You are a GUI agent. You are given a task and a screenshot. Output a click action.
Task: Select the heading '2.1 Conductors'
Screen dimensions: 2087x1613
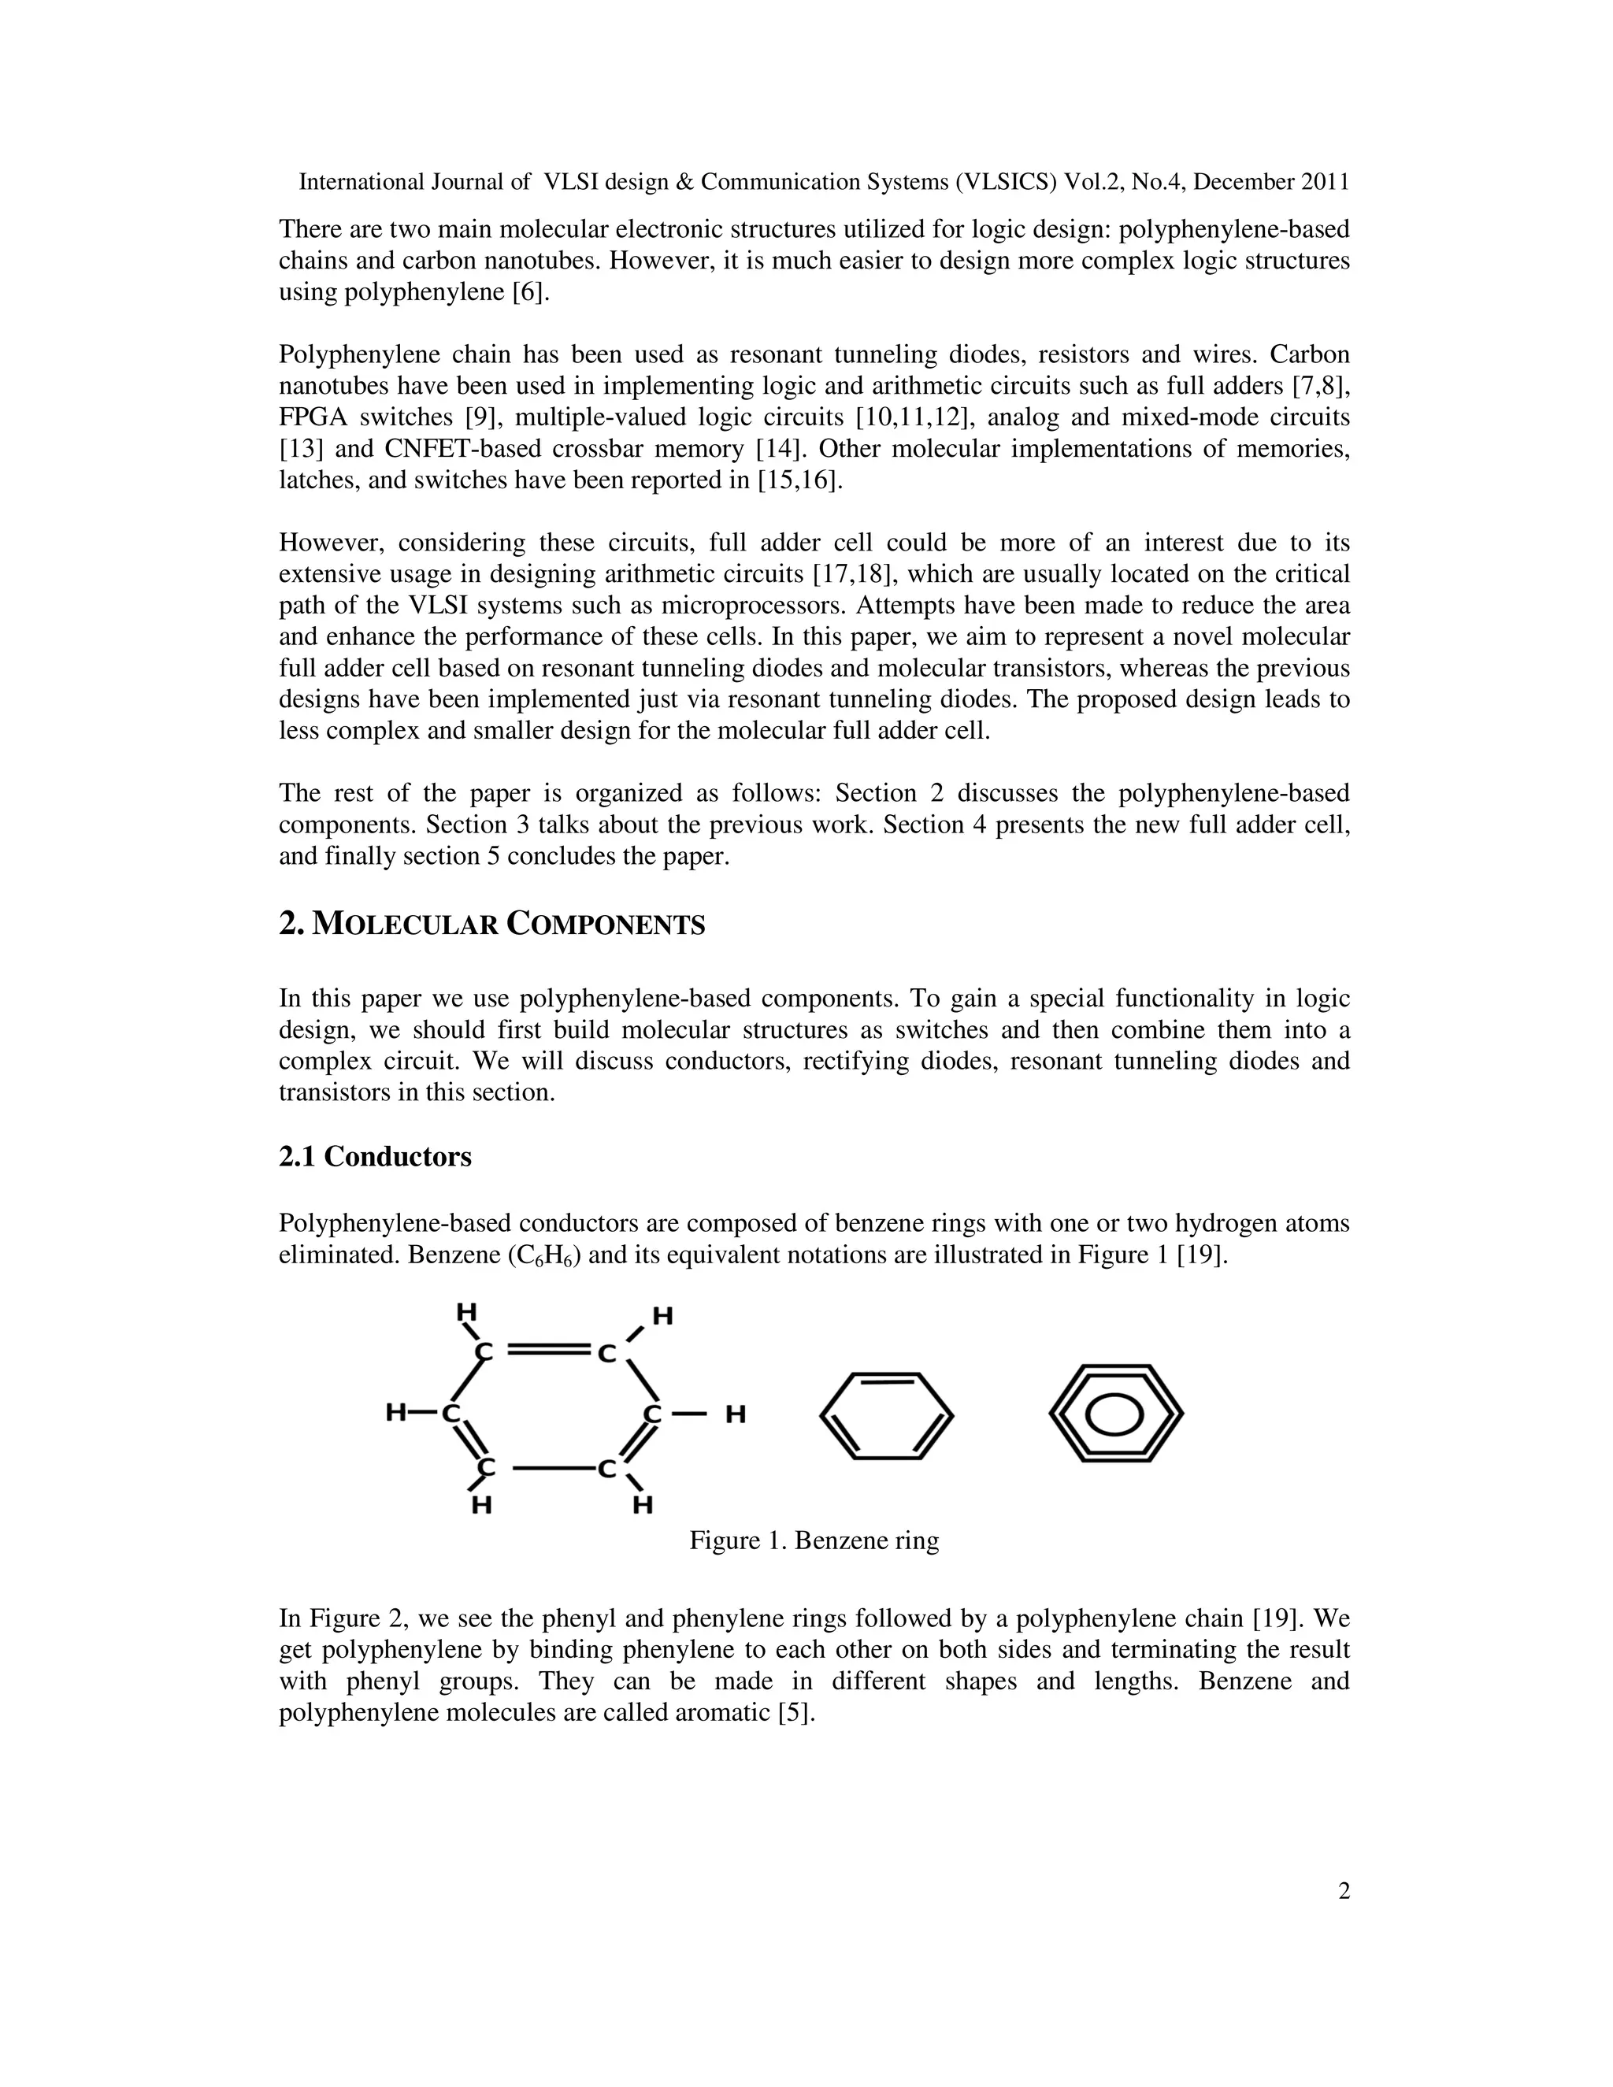tap(375, 1156)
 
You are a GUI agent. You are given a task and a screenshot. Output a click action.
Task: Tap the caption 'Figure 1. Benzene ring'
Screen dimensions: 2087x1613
tap(814, 1540)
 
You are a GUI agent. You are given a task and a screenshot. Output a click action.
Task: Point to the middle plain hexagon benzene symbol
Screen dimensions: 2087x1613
tap(887, 1415)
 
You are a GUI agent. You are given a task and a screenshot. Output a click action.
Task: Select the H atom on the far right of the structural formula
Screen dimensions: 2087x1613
tap(735, 1414)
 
